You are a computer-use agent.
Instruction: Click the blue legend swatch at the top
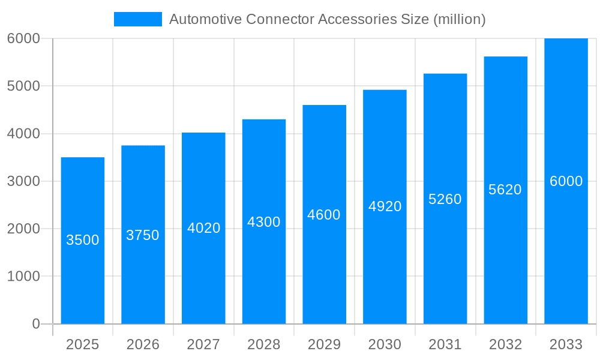137,19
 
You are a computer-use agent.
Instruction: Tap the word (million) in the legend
459,19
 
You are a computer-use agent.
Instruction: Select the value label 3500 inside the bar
83,240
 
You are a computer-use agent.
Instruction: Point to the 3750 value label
143,235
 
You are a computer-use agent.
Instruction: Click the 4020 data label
204,228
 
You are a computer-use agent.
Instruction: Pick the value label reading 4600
324,215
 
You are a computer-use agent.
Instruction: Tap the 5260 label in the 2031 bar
445,199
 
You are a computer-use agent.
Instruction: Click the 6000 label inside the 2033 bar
566,181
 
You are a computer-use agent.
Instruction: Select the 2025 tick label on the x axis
83,344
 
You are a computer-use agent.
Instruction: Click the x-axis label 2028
264,344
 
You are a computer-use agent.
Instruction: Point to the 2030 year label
385,344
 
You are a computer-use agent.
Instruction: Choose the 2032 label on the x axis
505,344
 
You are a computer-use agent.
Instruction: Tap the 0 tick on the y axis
35,324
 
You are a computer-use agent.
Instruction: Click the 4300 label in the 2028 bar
264,222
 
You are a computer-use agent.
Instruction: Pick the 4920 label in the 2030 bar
385,206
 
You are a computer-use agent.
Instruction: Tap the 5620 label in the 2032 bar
505,190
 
